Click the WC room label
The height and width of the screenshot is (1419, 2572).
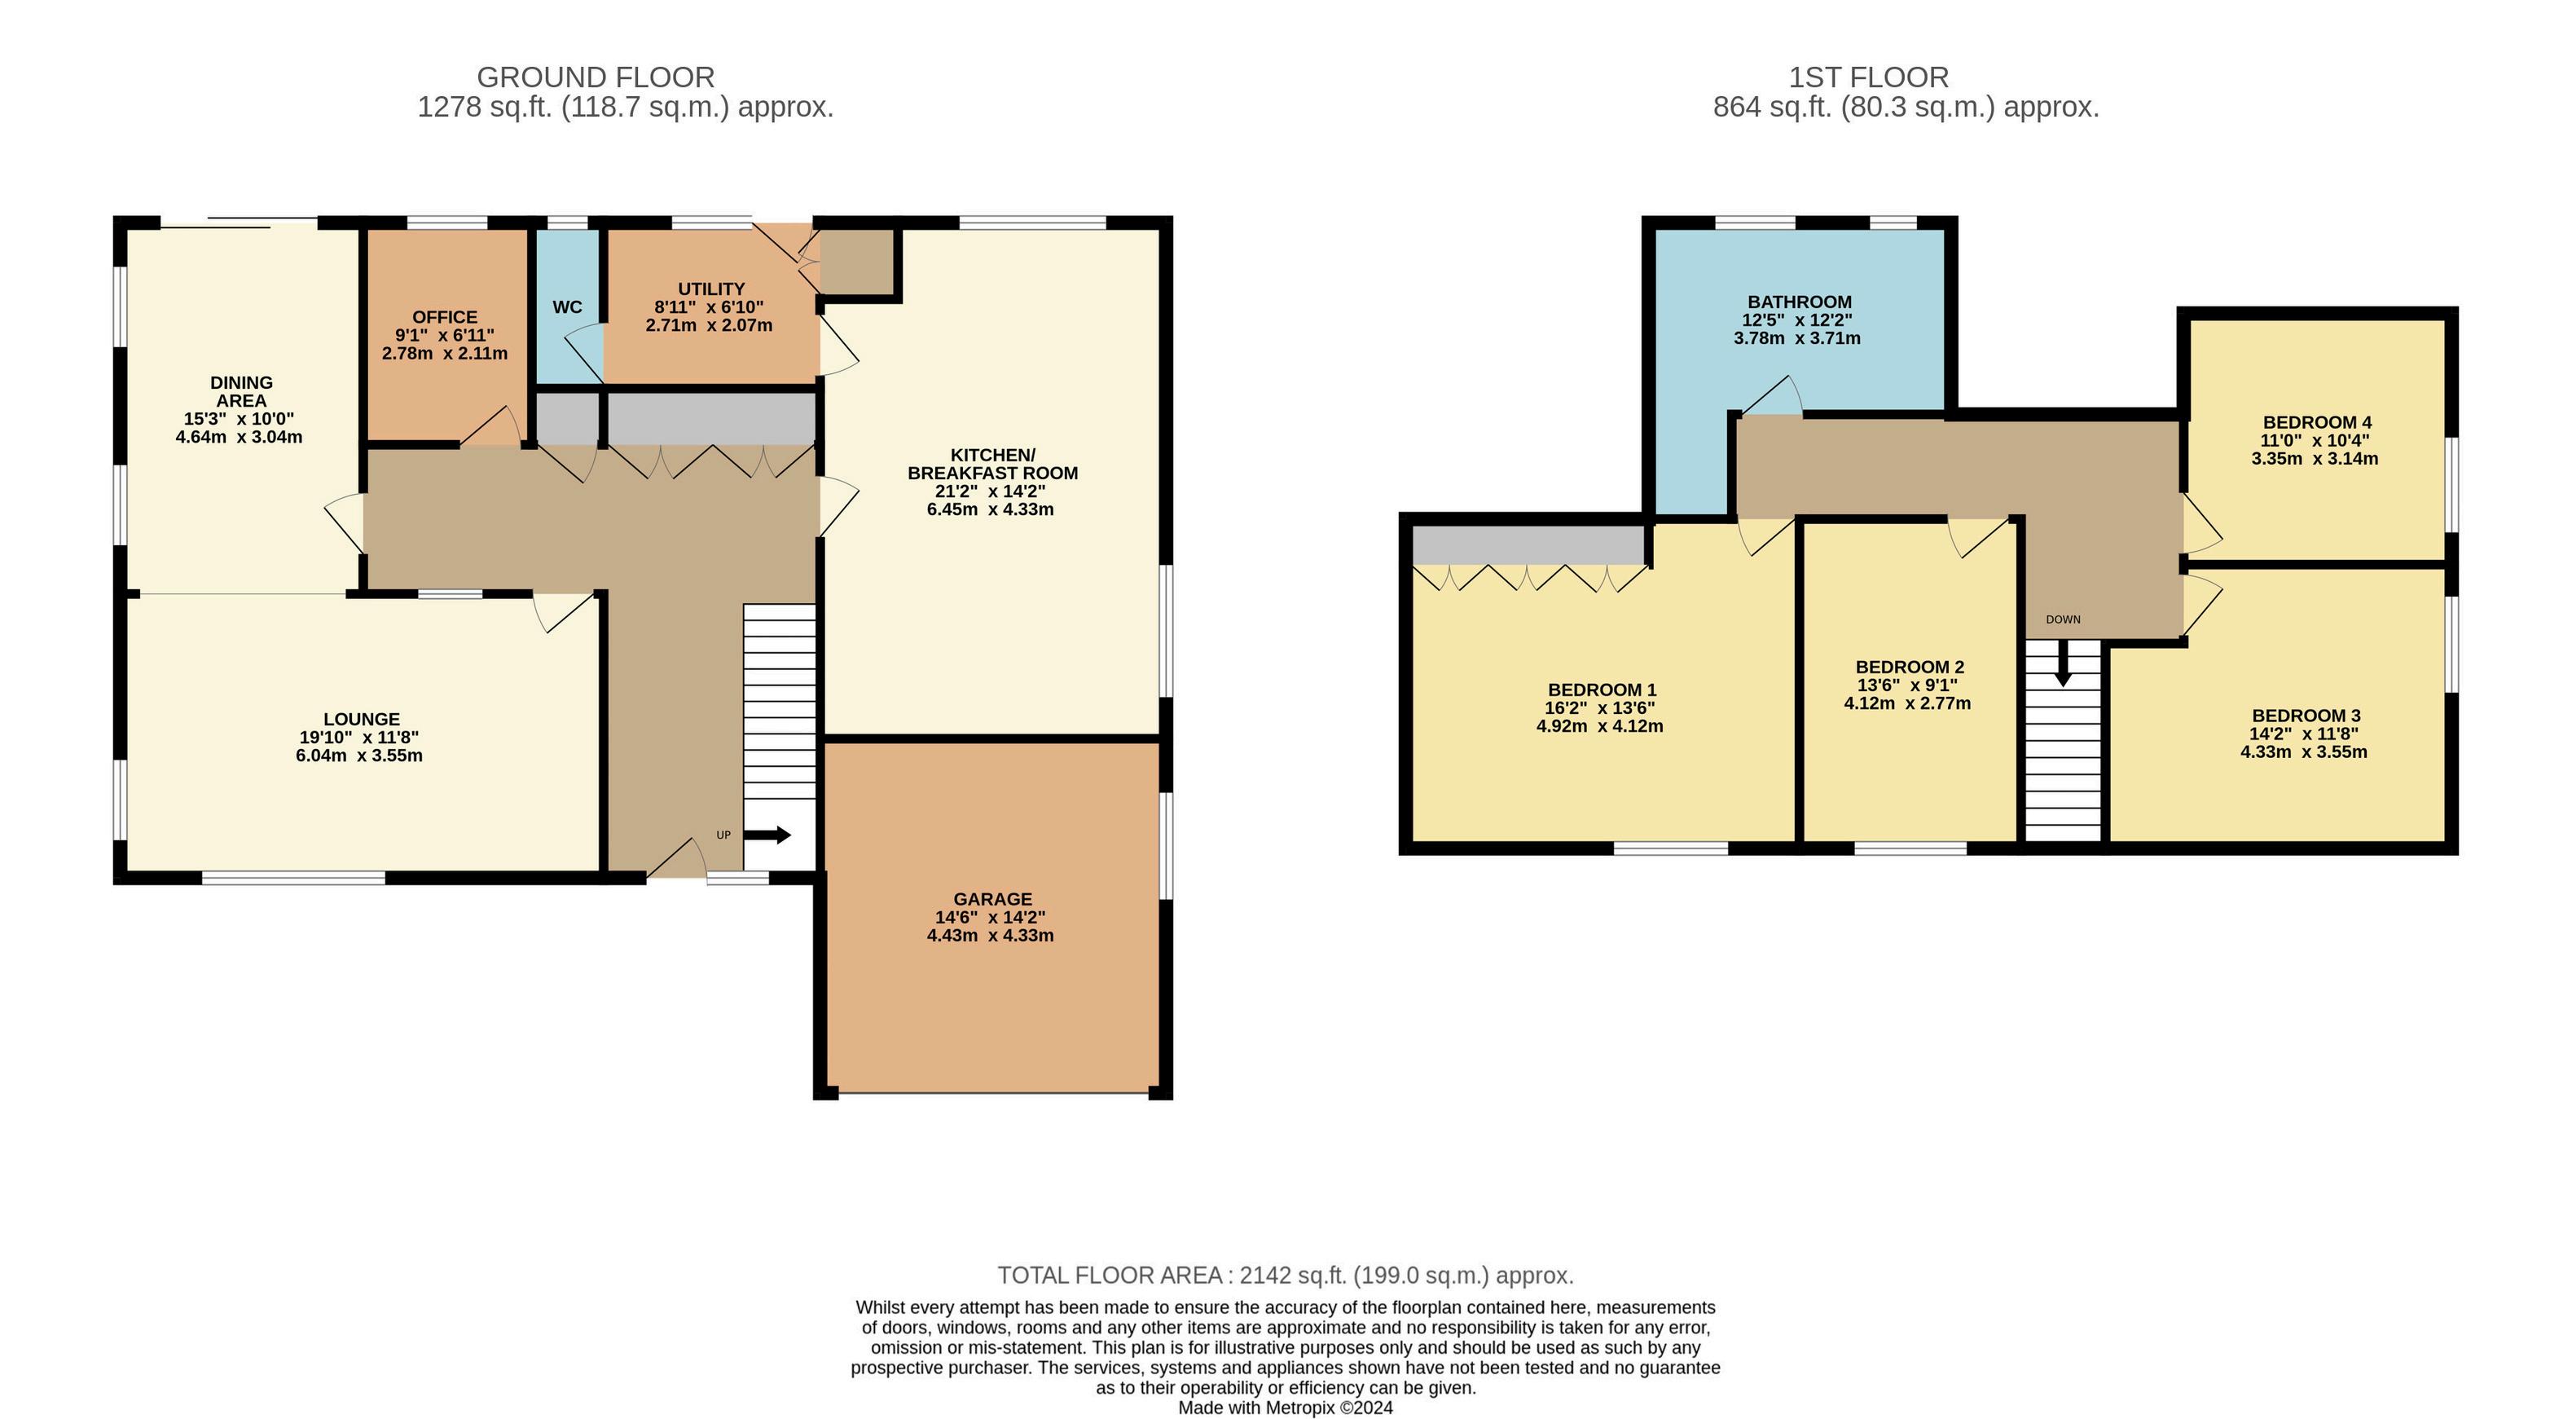point(567,307)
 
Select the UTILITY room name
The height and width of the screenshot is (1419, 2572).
point(711,289)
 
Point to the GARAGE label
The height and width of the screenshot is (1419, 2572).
point(992,900)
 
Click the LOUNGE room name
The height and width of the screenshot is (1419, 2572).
point(362,720)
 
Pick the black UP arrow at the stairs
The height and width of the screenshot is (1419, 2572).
point(767,835)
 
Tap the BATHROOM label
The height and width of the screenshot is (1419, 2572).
point(1799,302)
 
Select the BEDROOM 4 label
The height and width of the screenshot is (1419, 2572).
point(2316,423)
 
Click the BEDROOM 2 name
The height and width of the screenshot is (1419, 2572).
point(1909,667)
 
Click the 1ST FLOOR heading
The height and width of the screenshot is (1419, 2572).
point(1868,77)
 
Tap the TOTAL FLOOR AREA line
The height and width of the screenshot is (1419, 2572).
point(1286,1276)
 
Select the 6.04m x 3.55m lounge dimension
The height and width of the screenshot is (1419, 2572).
point(359,756)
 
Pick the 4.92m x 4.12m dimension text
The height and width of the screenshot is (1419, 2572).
point(1599,726)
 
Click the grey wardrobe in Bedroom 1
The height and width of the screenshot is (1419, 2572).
point(1528,546)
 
